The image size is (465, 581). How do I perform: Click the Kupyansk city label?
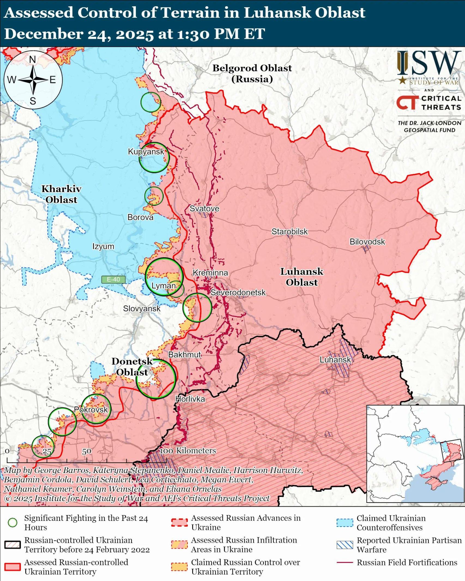pos(146,152)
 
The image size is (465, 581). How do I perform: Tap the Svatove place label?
pos(204,209)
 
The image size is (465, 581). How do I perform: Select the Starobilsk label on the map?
pos(289,231)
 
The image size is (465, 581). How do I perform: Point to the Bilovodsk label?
pos(367,241)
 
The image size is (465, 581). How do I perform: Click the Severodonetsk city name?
pos(238,292)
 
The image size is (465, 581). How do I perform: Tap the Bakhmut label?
pos(185,354)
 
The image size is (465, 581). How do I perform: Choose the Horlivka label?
pos(190,399)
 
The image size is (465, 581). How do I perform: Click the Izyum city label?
pos(103,246)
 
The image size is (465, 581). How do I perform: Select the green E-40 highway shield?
pos(113,279)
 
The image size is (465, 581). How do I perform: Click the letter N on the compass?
pos(32,59)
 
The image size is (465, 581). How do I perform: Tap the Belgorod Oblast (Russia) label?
pos(252,73)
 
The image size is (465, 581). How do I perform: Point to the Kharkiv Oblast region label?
pos(61,194)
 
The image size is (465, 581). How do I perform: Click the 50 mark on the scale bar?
pos(87,451)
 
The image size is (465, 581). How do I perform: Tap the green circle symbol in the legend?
pos(13,522)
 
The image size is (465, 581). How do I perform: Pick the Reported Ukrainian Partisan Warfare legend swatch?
pos(345,545)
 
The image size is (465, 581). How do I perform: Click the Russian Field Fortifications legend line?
pos(345,562)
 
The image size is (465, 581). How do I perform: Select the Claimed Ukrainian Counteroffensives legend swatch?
pos(345,522)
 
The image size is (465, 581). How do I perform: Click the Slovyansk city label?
pos(142,308)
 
